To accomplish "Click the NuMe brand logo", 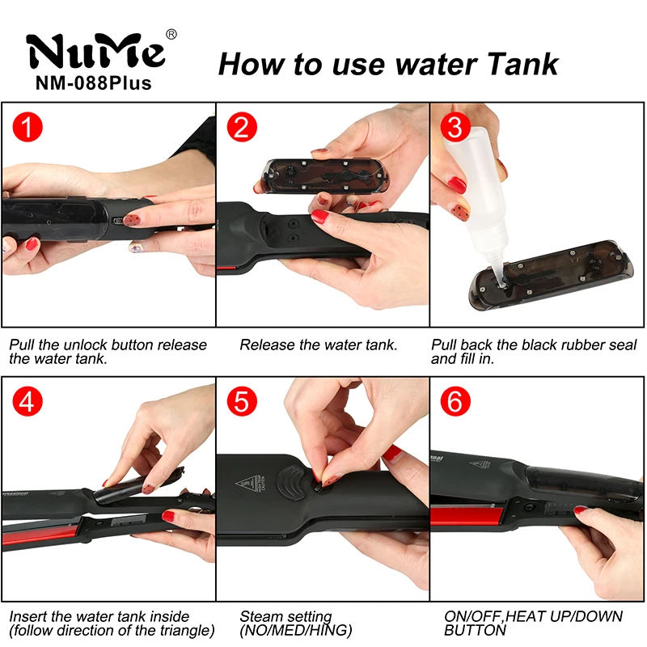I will [95, 51].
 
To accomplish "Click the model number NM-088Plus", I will [94, 83].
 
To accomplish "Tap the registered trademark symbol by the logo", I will [171, 33].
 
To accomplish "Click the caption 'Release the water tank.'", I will [318, 345].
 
